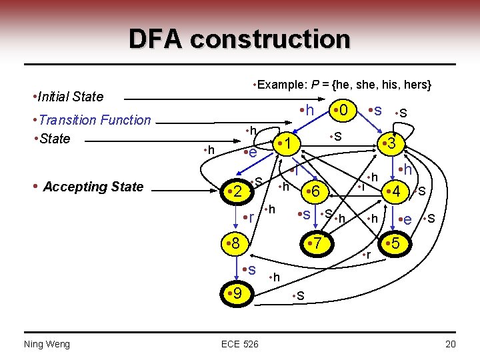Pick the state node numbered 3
tap(389, 144)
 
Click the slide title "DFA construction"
tap(239, 39)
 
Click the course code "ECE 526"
tap(239, 343)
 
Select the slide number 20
tap(450, 343)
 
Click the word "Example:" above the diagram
tap(279, 85)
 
